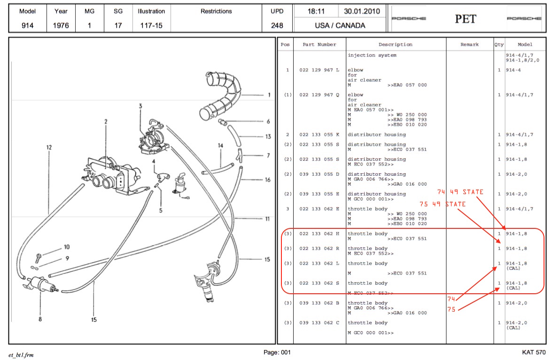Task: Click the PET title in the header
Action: coord(466,19)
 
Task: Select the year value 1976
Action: coord(61,25)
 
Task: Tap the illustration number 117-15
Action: coord(151,25)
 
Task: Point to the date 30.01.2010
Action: coord(362,11)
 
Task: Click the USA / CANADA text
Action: coord(340,25)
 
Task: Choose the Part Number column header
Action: coord(319,44)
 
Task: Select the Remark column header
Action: coord(470,44)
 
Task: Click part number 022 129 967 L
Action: coord(319,70)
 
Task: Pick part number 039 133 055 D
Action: coord(319,174)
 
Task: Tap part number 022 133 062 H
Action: coord(319,234)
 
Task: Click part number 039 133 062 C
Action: coord(319,323)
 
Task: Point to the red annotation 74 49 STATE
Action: coord(460,192)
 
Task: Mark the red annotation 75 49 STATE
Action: coord(443,204)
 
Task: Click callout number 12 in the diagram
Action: coord(49,147)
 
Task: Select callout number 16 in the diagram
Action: coord(268,180)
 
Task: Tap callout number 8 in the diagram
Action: coord(40,319)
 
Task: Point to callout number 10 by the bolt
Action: coord(67,247)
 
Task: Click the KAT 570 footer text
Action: coord(534,352)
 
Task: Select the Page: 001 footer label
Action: coord(277,352)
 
